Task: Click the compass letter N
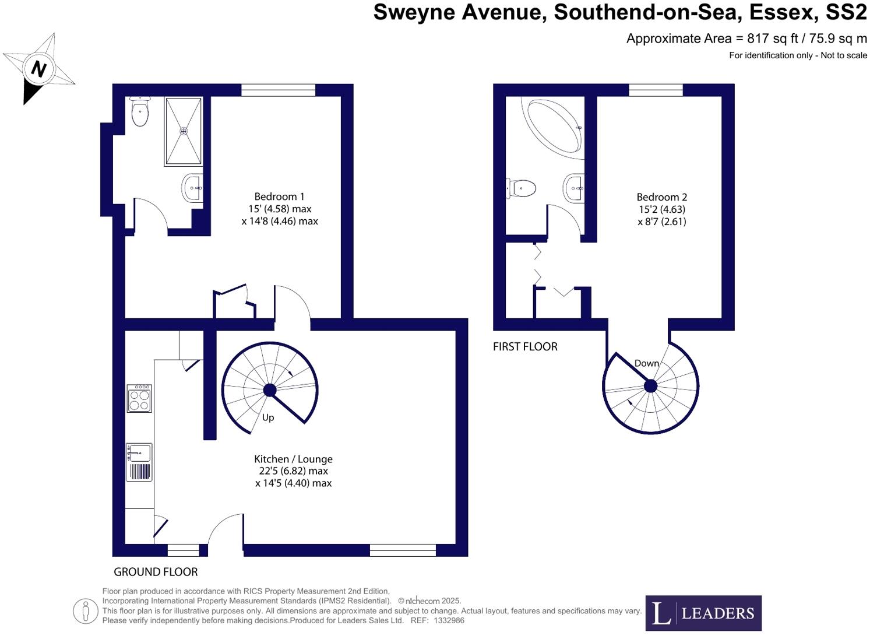38,69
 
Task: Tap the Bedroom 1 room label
279,197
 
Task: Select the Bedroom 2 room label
661,198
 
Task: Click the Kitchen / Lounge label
293,459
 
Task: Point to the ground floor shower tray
184,131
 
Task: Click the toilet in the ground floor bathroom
140,112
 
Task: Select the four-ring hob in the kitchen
139,399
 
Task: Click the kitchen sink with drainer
139,462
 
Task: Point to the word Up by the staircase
268,417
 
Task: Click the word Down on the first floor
646,363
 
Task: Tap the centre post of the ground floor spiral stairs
270,390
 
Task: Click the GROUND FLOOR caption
156,572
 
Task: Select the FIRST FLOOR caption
525,347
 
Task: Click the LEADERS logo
703,613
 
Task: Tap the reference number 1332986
449,620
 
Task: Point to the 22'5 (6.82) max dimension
293,471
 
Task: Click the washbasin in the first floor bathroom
574,188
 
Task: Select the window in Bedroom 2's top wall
656,90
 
